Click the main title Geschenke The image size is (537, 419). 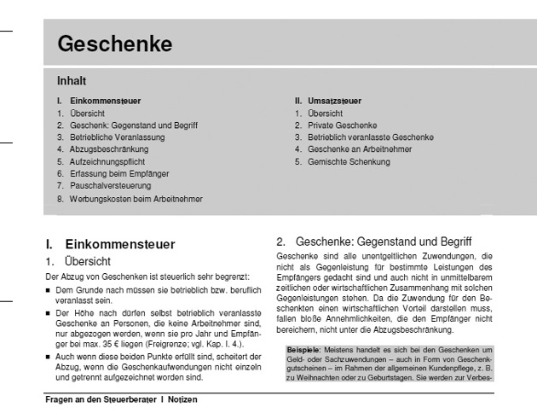[x=115, y=43]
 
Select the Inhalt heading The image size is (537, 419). [x=72, y=82]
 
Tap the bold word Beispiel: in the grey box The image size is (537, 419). [x=303, y=350]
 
